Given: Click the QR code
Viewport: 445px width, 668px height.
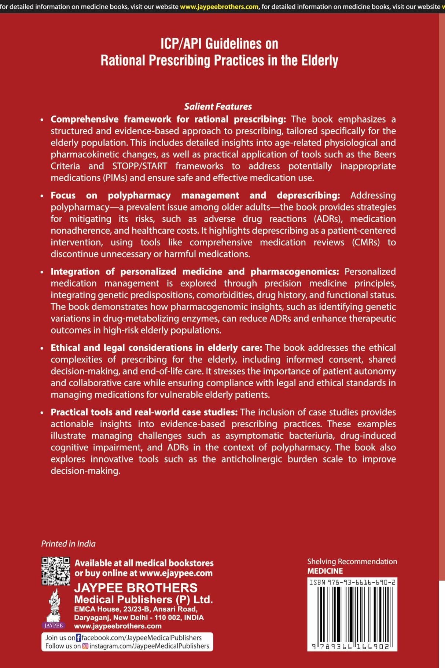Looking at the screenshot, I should tap(56, 571).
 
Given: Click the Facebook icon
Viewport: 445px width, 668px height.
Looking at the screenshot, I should tap(78, 638).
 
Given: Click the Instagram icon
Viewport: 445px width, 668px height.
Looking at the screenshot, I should tap(85, 646).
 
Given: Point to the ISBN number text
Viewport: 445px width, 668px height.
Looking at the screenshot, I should tap(352, 582).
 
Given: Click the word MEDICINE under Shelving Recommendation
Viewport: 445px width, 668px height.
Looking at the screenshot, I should tap(325, 571).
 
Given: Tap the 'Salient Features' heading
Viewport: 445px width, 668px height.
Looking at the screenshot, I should tap(218, 106).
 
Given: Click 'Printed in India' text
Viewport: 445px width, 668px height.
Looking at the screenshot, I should tap(68, 544).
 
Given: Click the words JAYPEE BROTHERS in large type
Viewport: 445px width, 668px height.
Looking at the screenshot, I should tap(136, 588).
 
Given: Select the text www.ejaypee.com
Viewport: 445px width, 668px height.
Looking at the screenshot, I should tap(176, 573).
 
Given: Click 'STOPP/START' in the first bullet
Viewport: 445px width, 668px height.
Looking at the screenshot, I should tap(139, 166).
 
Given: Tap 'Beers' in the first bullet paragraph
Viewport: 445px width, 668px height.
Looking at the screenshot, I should tap(385, 154).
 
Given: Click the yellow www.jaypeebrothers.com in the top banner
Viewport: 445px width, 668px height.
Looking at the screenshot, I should tap(219, 7).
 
